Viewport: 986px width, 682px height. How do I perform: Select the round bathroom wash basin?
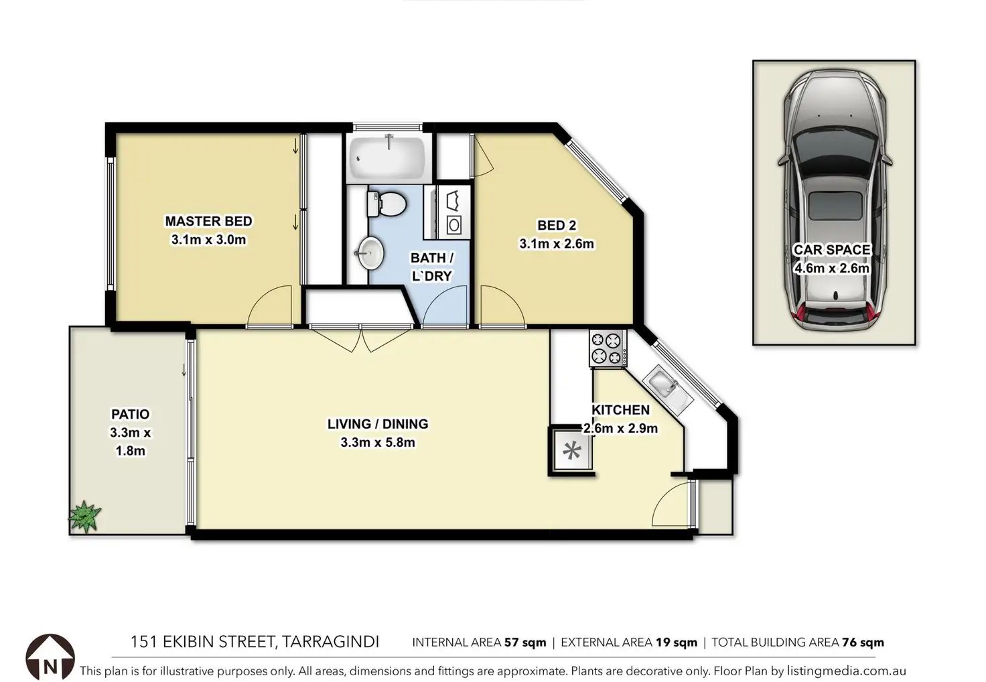tap(370, 253)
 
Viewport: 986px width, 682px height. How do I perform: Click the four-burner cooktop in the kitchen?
tap(608, 348)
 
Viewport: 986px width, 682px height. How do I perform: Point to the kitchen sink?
tap(668, 390)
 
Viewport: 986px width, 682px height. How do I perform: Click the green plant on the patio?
tap(84, 517)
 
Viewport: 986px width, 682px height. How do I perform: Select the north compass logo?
tap(50, 657)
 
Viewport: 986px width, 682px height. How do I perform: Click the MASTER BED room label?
tap(208, 221)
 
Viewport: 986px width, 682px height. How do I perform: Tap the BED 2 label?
tap(557, 225)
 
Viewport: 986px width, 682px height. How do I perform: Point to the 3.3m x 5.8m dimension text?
tap(378, 442)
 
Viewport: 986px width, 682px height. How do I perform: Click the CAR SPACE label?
tap(832, 250)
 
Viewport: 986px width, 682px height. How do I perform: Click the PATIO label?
tap(131, 414)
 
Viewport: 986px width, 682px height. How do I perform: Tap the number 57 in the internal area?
tap(512, 642)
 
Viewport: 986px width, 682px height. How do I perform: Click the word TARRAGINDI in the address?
tap(330, 642)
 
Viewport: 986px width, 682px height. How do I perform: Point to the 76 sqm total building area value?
tap(863, 643)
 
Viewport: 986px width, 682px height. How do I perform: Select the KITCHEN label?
tap(621, 410)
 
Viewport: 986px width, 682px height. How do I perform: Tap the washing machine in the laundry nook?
tap(454, 225)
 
